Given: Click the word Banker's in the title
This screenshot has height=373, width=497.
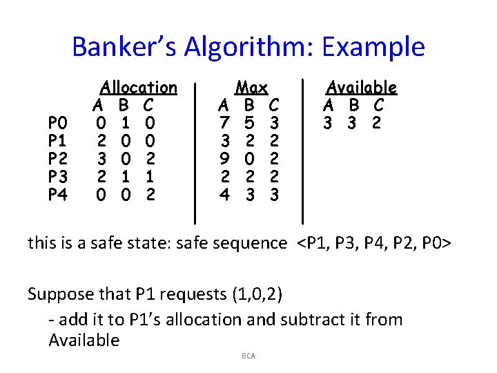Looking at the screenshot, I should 130,47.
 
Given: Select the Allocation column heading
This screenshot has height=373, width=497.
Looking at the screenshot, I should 139,88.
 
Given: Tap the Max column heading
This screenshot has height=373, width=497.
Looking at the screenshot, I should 251,88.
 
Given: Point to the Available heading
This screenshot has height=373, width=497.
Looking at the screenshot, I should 361,88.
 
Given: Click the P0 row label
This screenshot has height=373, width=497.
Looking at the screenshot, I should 58,124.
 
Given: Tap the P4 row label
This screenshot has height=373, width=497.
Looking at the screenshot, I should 58,195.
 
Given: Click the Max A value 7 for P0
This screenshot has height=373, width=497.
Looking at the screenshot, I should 224,124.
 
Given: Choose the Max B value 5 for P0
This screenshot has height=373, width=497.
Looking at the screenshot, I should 250,124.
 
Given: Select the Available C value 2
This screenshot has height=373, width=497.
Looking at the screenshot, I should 377,124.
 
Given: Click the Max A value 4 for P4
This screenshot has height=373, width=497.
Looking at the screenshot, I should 224,195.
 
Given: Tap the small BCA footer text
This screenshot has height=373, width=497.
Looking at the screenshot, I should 248,356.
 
